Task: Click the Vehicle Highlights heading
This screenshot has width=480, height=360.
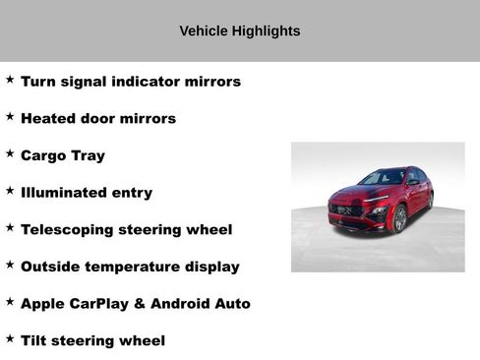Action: (x=239, y=30)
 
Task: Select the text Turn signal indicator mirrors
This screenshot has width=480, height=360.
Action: (x=130, y=82)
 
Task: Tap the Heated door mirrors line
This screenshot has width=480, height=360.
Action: (x=97, y=119)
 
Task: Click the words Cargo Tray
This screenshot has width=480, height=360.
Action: (x=62, y=155)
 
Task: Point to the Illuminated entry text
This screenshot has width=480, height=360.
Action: (x=86, y=193)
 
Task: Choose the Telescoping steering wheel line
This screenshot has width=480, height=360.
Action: (x=126, y=230)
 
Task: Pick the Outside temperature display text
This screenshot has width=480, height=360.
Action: (x=129, y=267)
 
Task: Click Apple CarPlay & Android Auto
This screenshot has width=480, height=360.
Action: (x=135, y=304)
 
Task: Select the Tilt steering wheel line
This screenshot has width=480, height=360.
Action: (x=92, y=341)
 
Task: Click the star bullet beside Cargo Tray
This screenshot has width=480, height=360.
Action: (x=10, y=153)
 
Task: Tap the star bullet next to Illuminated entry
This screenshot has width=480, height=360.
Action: (x=10, y=191)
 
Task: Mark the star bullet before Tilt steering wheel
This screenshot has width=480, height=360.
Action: (x=10, y=338)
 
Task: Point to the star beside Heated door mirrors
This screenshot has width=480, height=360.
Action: (x=10, y=116)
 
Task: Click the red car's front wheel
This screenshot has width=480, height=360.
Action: (x=399, y=219)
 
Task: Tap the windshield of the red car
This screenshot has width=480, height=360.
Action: (x=383, y=179)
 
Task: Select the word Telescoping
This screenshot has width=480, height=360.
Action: (x=68, y=230)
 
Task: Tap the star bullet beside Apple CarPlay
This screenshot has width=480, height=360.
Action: (x=10, y=302)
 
